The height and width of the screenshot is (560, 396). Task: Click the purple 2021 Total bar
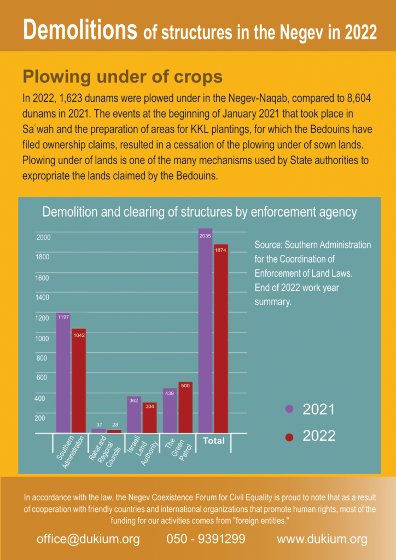click(x=205, y=331)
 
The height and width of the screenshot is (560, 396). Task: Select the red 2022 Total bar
click(x=221, y=339)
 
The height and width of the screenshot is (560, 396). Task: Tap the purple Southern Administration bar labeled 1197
click(x=63, y=373)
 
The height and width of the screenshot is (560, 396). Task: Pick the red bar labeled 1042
click(x=79, y=381)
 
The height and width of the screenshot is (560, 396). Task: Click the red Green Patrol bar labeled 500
click(x=185, y=407)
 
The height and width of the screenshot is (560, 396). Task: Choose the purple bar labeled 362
click(x=134, y=415)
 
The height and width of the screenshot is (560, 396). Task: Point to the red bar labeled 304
click(x=150, y=418)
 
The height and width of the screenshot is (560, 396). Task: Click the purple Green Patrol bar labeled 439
click(x=170, y=411)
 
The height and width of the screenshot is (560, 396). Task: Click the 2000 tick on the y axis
click(x=44, y=237)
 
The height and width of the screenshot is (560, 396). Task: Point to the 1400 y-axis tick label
click(x=43, y=297)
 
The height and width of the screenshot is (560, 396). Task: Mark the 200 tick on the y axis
click(x=39, y=418)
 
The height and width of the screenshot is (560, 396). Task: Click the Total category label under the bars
click(x=214, y=441)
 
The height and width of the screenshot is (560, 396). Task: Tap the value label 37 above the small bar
click(x=99, y=425)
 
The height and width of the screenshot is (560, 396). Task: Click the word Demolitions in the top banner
click(x=81, y=31)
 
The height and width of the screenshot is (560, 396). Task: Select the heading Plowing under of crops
click(x=123, y=77)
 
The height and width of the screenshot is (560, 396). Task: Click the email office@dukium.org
click(x=88, y=539)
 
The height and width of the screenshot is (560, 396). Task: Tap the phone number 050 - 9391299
click(x=206, y=539)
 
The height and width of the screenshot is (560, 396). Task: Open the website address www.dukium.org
click(x=322, y=539)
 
